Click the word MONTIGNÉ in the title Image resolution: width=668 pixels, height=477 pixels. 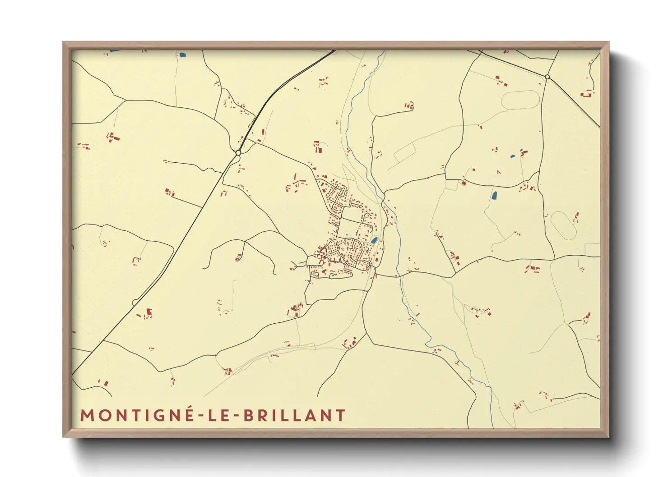[137, 415]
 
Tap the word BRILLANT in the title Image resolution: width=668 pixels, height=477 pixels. [295, 415]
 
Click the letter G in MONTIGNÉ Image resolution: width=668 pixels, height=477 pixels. [158, 415]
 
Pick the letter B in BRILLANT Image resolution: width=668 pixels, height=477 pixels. [249, 415]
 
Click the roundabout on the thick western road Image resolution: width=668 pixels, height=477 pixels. [238, 153]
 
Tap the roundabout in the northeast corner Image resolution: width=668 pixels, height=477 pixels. [547, 77]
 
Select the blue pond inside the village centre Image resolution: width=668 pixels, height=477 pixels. [374, 240]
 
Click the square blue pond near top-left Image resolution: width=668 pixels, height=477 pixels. [182, 55]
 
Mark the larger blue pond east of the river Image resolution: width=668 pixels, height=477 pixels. [494, 196]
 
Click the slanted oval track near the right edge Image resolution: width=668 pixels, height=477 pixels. [563, 225]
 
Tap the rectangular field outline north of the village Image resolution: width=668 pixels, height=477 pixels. [404, 152]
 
